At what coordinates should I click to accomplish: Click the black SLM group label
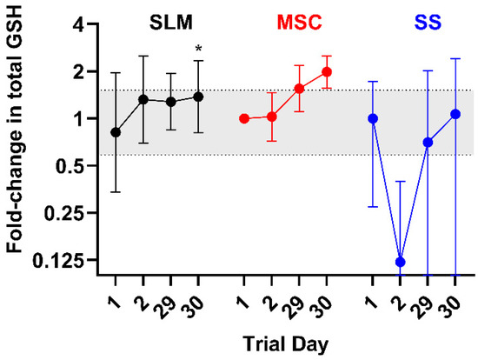tap(171, 23)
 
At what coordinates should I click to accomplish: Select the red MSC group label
tap(299, 23)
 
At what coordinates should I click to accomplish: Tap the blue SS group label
tap(428, 23)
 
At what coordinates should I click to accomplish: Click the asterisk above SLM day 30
tap(198, 48)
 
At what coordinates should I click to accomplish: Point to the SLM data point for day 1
tap(116, 132)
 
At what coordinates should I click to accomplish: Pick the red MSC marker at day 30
tap(327, 72)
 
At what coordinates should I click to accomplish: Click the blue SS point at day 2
tap(401, 262)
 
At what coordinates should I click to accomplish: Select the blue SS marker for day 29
tap(428, 142)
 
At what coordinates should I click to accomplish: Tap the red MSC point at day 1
tap(244, 118)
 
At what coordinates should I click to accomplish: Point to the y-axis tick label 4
tap(79, 24)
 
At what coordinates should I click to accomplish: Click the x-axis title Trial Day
tap(286, 345)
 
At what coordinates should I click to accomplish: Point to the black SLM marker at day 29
tap(171, 102)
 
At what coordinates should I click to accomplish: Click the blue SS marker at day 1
tap(373, 118)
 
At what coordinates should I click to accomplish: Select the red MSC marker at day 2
tap(272, 117)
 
